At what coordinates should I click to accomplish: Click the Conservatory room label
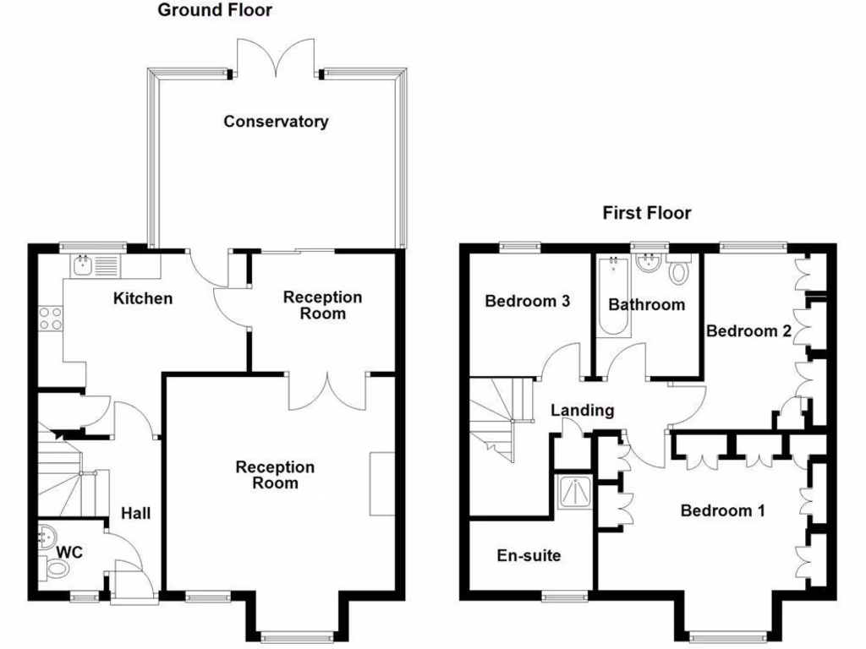[x=276, y=122]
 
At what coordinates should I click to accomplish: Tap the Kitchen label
[x=143, y=298]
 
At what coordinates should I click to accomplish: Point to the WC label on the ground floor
[x=69, y=553]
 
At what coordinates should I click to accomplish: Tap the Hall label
[x=135, y=513]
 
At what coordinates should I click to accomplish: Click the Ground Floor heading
[x=216, y=10]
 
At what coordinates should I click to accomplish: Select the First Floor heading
[x=646, y=213]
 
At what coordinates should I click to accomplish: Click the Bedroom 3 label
[x=527, y=301]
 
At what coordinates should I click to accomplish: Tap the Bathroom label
[x=647, y=304]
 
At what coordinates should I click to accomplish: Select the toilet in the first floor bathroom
[x=677, y=272]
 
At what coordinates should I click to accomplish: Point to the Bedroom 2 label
[x=748, y=331]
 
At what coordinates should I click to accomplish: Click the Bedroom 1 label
[x=722, y=510]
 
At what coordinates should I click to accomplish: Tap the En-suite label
[x=529, y=556]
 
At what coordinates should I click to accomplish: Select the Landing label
[x=582, y=411]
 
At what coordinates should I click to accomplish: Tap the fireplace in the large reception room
[x=382, y=484]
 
